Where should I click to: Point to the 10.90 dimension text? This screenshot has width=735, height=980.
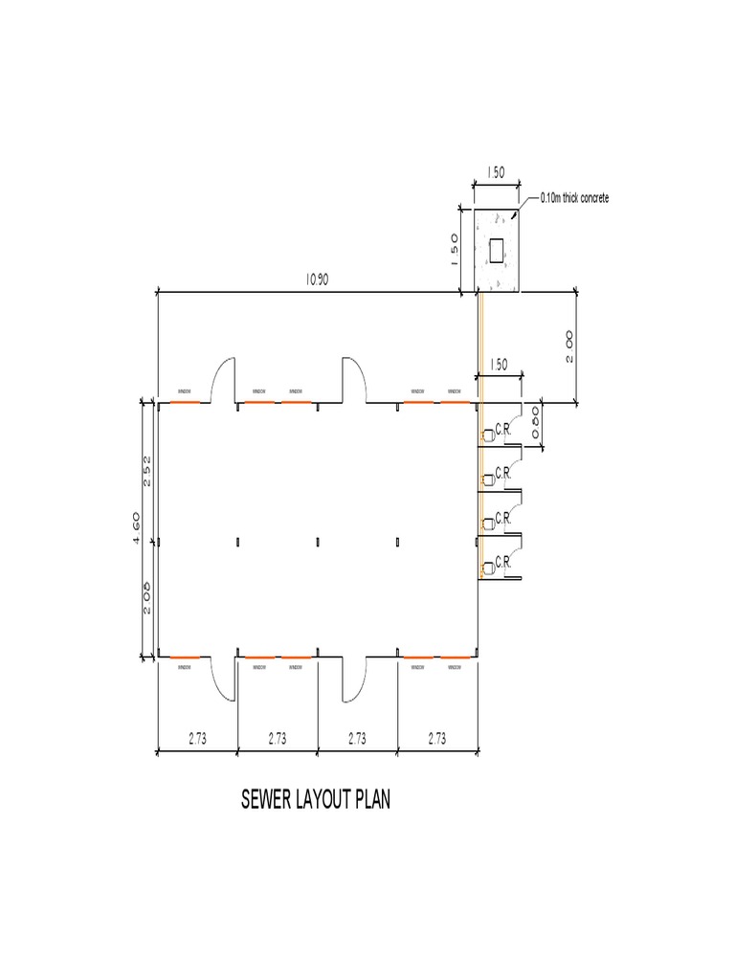pyautogui.click(x=318, y=279)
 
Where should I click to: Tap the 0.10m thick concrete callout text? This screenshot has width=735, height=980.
pyautogui.click(x=573, y=198)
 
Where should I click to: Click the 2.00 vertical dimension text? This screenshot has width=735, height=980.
pyautogui.click(x=568, y=345)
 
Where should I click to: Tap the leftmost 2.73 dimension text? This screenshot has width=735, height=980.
pyautogui.click(x=196, y=738)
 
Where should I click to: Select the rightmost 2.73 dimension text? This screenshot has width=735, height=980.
pyautogui.click(x=437, y=738)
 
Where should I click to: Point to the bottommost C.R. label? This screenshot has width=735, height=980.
pyautogui.click(x=503, y=564)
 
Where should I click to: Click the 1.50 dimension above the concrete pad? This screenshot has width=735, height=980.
pyautogui.click(x=496, y=173)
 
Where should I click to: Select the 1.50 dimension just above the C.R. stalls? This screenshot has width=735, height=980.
pyautogui.click(x=499, y=365)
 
